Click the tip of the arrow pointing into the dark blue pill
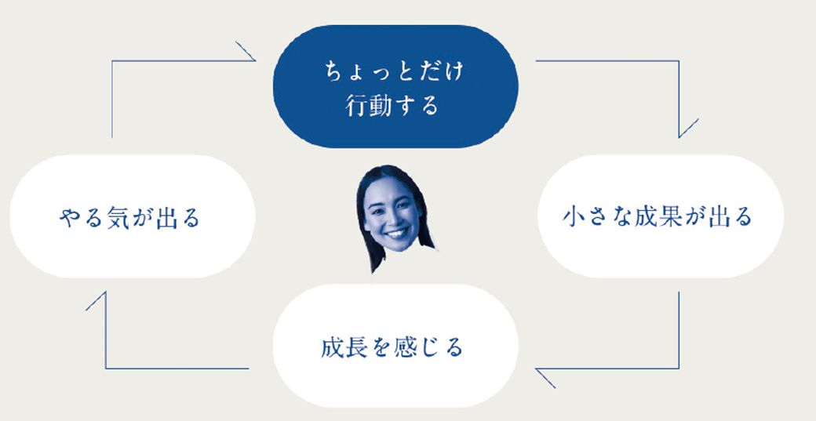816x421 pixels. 255,61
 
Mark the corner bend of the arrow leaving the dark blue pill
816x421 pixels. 679,61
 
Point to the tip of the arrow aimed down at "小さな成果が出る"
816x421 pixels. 679,137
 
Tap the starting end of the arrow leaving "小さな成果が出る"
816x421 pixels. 679,292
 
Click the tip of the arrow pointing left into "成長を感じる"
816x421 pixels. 536,369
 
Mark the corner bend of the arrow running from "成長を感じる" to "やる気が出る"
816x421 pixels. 106,368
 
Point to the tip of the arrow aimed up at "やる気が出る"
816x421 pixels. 106,292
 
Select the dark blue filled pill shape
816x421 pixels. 395,86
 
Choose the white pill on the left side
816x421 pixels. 132,216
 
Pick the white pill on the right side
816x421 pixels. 660,216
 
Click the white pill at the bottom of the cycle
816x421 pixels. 395,346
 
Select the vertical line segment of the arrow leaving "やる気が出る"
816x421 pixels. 112,100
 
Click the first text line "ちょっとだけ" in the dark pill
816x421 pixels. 394,71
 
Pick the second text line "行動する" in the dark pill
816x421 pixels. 392,106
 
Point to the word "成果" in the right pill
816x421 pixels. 658,216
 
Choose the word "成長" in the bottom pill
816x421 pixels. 344,347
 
